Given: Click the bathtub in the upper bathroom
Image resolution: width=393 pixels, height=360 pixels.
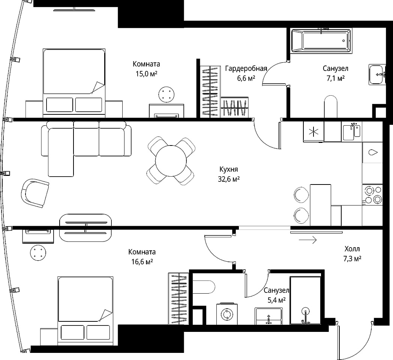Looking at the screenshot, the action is (321, 40).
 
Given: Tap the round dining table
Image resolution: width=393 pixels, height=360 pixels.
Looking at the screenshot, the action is (171, 161).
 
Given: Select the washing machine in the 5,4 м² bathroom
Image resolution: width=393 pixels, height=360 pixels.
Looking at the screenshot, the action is (227, 314).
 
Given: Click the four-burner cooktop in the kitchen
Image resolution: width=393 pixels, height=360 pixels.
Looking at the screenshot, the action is (372, 195).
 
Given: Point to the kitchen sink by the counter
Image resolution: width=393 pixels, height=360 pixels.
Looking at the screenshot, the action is (351, 132).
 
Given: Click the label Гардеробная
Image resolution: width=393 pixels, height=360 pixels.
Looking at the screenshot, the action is (246, 69).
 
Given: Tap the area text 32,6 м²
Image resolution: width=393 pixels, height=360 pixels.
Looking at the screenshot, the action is (229, 179).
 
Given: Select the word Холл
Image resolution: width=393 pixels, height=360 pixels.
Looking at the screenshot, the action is (352, 249).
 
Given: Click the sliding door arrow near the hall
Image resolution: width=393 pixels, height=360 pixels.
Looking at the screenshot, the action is (308, 240).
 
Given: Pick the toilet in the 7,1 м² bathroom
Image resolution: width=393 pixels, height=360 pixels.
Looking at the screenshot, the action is (331, 106).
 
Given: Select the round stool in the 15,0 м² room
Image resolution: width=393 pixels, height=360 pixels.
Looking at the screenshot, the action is (166, 94).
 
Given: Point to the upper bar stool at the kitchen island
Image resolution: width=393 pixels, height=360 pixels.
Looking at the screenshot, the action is (301, 195).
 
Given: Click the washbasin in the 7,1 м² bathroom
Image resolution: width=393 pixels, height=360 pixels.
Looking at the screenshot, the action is (377, 75).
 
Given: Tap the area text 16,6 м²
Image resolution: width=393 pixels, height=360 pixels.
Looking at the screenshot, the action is (142, 262).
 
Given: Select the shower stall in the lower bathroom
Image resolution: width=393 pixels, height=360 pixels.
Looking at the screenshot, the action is (305, 300).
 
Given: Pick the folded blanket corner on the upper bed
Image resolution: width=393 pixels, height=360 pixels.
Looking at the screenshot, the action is (98, 87).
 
